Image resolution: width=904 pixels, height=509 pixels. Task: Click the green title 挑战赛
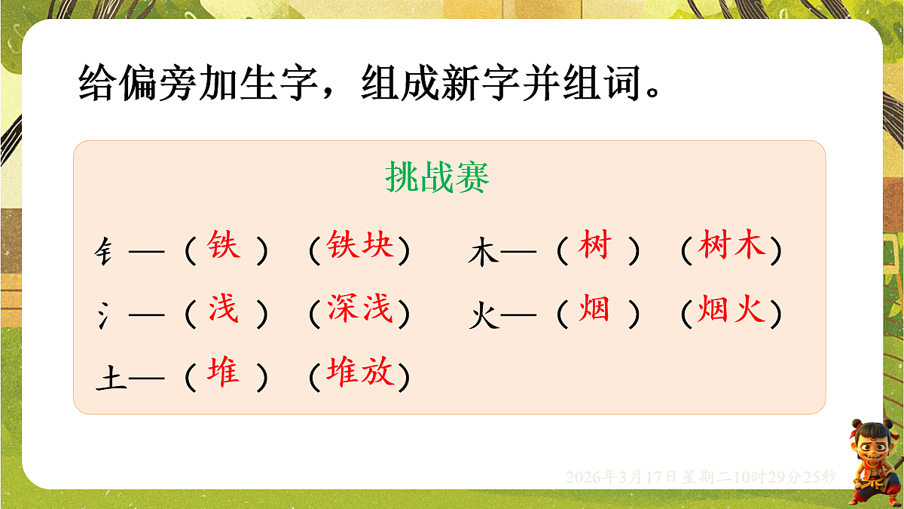437,179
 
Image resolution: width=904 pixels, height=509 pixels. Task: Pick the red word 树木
731,247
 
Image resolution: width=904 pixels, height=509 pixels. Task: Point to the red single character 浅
224,310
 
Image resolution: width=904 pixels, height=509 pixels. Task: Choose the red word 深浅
359,310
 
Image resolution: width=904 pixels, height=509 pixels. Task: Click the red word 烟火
731,310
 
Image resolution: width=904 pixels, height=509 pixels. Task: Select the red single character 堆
224,373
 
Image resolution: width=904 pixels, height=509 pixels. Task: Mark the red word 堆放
359,373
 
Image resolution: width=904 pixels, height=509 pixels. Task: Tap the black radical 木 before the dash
483,252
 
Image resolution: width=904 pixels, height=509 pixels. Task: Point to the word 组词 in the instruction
607,82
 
